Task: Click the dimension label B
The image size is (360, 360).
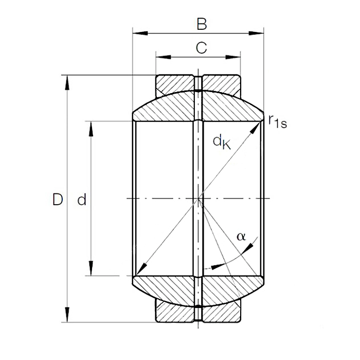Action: point(202,24)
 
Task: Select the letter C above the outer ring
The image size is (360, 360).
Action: point(202,48)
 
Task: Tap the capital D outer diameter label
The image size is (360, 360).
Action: point(58,200)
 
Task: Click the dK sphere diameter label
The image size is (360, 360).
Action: point(222,141)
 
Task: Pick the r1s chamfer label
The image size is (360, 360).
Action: point(277,121)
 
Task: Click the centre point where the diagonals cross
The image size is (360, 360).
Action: point(199,199)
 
